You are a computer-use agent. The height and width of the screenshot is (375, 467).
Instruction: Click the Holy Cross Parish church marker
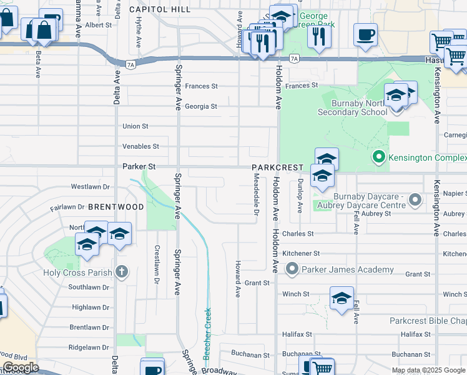(122, 272)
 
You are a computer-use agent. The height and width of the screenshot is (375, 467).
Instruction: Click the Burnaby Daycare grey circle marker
(415, 200)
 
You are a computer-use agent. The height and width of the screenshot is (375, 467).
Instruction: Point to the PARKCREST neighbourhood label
(278, 168)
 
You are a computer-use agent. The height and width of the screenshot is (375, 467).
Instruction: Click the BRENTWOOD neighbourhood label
(116, 206)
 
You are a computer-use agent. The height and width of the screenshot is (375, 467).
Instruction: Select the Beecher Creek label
(207, 334)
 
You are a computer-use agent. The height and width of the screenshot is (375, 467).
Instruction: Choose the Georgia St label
(200, 106)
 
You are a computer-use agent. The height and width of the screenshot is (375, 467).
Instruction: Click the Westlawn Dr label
(90, 186)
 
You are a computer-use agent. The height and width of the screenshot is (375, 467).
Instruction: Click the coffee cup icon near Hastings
(365, 34)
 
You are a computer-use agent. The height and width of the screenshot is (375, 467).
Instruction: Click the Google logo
(20, 367)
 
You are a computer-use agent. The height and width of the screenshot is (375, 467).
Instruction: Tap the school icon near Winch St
(342, 299)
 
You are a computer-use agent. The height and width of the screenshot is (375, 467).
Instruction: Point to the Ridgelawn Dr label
(89, 347)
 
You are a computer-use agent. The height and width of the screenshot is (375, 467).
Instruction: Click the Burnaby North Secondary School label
(352, 107)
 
